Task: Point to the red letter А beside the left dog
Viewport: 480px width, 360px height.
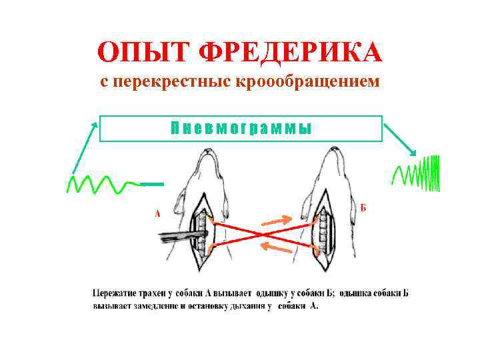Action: [157, 214]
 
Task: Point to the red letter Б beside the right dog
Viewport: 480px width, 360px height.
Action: [363, 207]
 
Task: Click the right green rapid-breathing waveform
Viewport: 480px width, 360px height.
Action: [418, 174]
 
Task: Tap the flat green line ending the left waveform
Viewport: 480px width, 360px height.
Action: [152, 183]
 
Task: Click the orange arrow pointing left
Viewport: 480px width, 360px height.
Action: [275, 247]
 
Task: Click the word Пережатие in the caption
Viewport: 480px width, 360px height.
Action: [117, 292]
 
